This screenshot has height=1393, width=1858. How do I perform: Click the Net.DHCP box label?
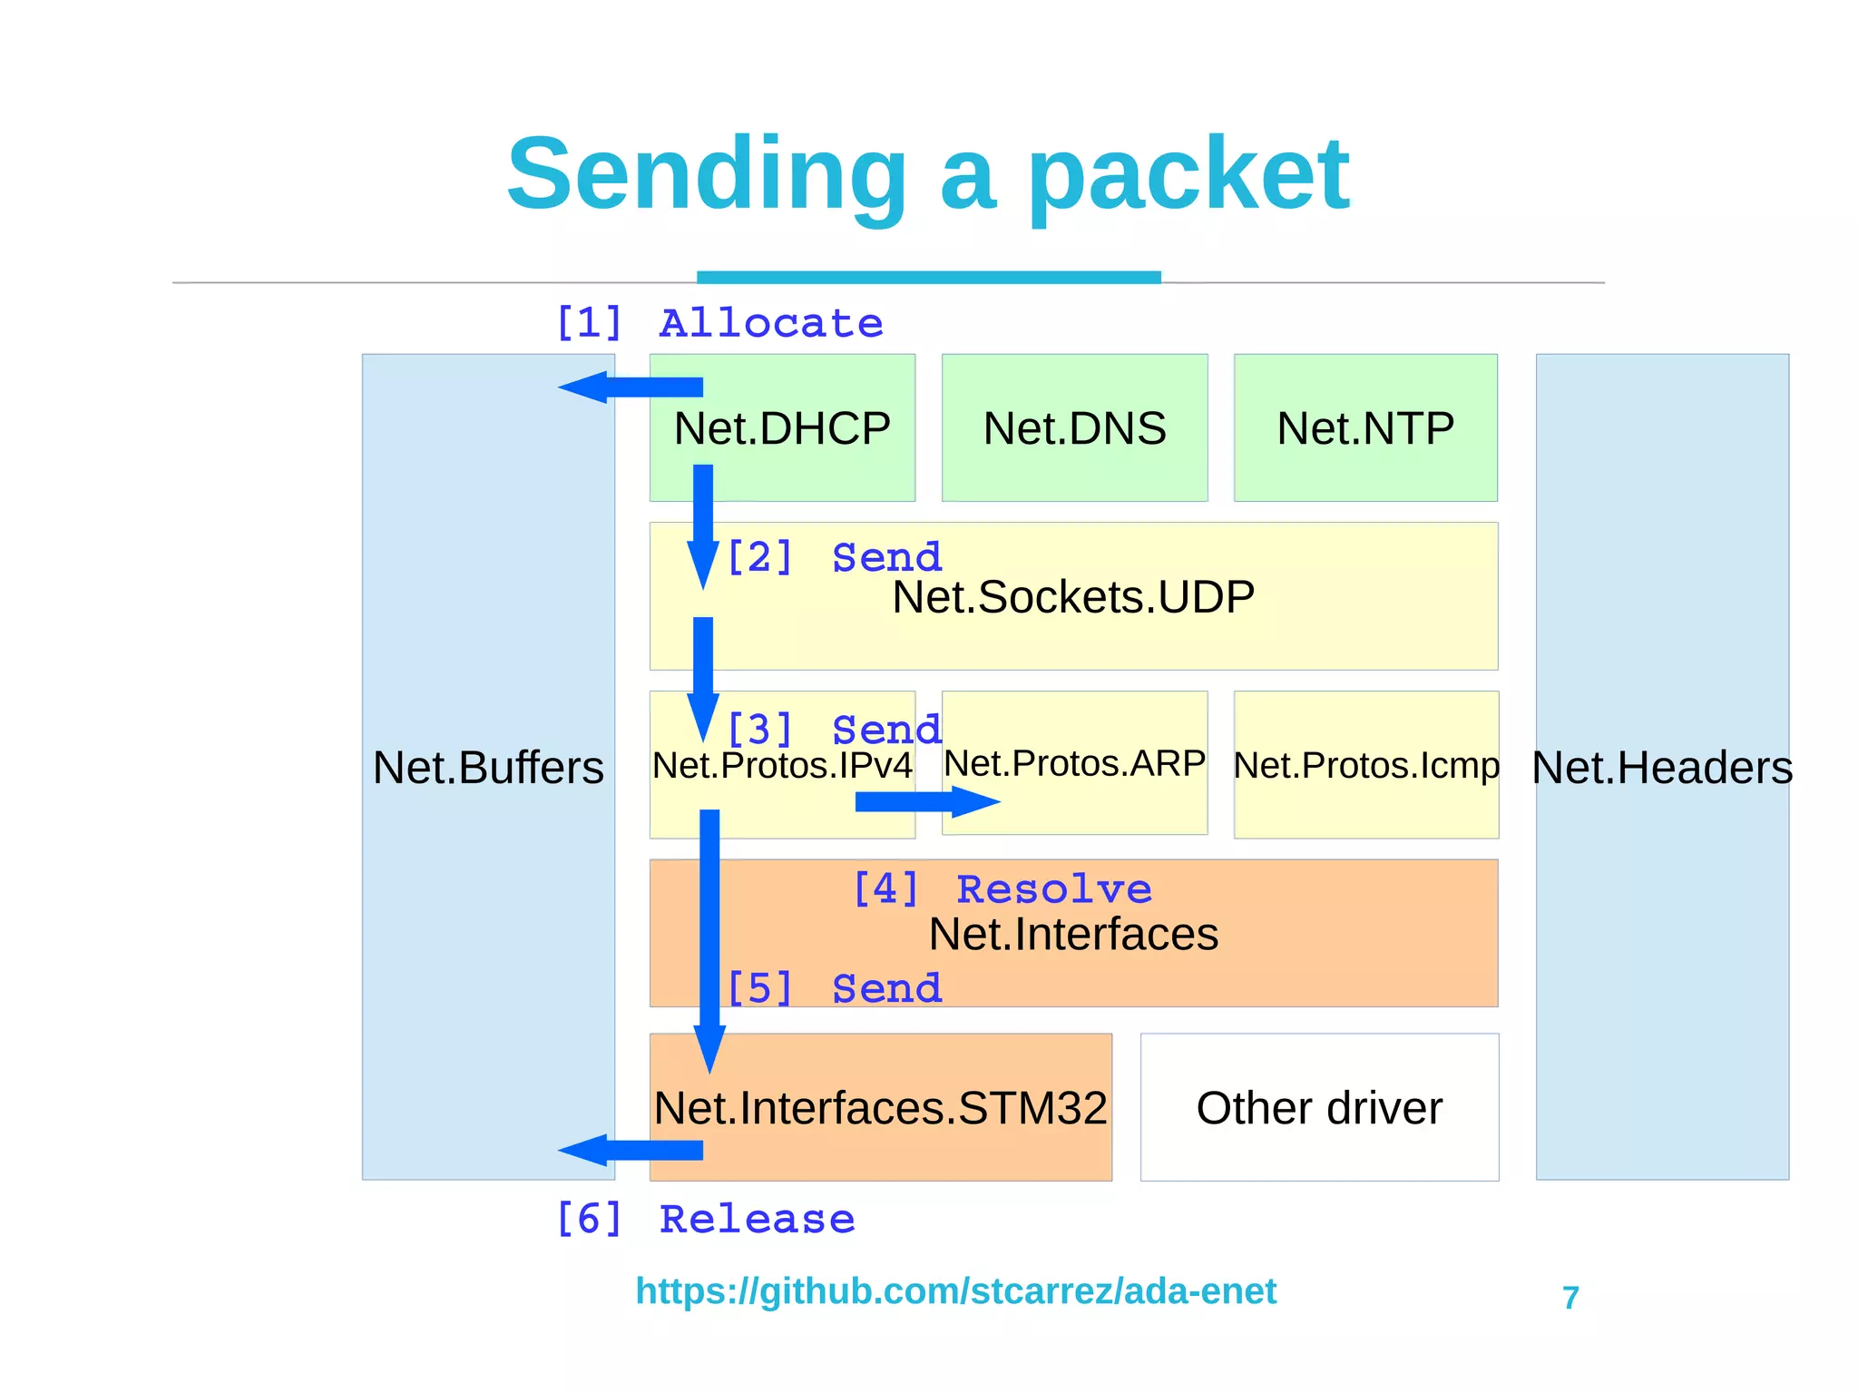pos(782,428)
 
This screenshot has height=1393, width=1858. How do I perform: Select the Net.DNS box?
pos(1074,428)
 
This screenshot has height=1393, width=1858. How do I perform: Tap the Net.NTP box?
pos(1365,428)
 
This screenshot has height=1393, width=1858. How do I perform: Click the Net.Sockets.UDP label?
pos(1073,597)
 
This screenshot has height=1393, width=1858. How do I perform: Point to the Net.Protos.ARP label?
pos(1074,763)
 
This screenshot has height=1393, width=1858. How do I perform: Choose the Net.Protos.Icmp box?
pos(1365,765)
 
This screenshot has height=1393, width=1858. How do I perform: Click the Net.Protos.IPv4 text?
pos(782,765)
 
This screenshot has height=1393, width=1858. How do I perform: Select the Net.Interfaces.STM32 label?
pos(880,1108)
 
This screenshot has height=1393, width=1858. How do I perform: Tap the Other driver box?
pos(1319,1108)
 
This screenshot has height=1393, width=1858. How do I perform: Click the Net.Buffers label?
pos(488,768)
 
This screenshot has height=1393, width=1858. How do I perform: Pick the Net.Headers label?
pos(1662,768)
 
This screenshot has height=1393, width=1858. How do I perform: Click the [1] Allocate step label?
pos(719,323)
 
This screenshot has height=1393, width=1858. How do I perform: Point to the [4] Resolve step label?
pos(1002,888)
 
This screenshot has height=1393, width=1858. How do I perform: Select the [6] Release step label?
pos(705,1219)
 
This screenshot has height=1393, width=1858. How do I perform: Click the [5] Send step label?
pos(834,987)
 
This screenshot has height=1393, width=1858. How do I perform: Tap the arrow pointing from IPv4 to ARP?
pos(925,801)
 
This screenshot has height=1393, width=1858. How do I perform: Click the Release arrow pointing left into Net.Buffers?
pos(631,1150)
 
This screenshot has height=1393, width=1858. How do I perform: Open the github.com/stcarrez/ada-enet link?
pos(955,1290)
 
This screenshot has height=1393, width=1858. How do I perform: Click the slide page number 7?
pos(1570,1298)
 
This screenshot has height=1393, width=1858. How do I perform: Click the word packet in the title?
pos(1188,174)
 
